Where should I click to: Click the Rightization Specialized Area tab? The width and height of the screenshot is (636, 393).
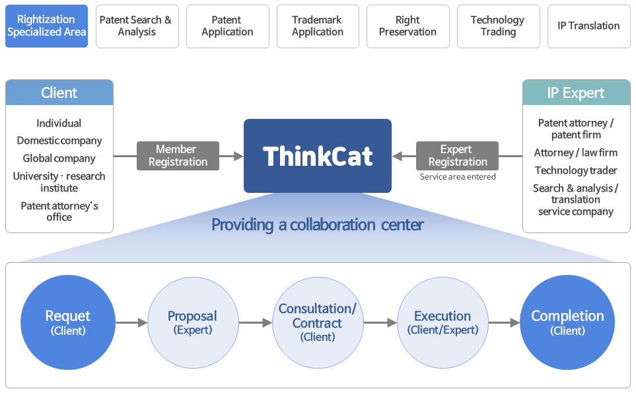(47, 26)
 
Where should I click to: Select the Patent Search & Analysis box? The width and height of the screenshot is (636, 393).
(137, 26)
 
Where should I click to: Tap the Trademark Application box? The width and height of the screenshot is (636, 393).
(318, 26)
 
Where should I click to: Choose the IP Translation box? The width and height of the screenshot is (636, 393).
(588, 26)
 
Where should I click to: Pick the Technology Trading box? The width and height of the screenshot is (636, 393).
(498, 26)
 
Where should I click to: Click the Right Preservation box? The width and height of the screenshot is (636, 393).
(407, 26)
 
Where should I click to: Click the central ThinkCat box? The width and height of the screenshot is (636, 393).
(318, 156)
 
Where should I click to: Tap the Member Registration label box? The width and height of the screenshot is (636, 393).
(178, 156)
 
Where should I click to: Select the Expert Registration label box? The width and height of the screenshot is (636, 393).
(457, 156)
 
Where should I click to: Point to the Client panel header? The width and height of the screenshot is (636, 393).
(59, 92)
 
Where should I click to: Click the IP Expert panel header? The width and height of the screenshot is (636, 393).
(577, 92)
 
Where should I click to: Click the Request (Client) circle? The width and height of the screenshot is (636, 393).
(68, 322)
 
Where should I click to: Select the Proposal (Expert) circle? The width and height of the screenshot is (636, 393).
(193, 322)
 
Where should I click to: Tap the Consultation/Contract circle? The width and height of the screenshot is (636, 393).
(318, 322)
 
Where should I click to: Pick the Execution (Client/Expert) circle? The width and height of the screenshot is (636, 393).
(442, 322)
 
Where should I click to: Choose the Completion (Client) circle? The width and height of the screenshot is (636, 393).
(567, 322)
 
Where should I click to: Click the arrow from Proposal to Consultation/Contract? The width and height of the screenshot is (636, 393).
(256, 323)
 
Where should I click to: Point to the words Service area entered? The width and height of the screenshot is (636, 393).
(458, 177)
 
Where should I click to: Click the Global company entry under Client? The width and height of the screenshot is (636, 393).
(59, 159)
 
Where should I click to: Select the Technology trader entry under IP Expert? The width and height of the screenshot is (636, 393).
(576, 170)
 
